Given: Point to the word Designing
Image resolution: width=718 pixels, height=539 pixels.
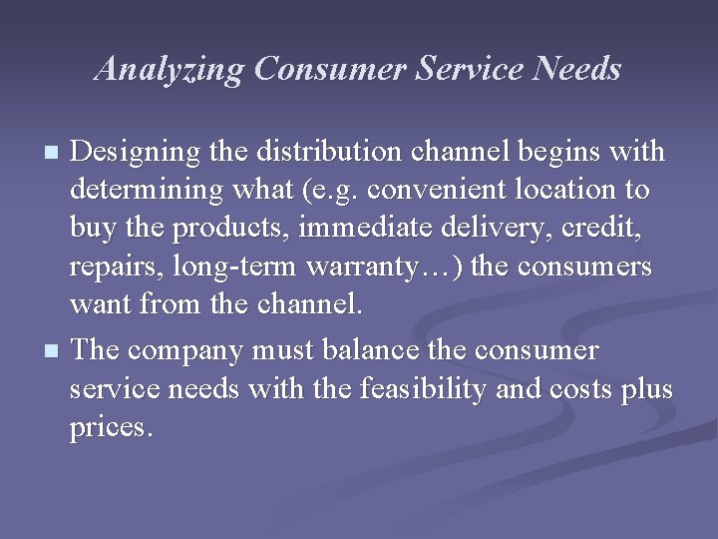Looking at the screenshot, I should tap(132, 151).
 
